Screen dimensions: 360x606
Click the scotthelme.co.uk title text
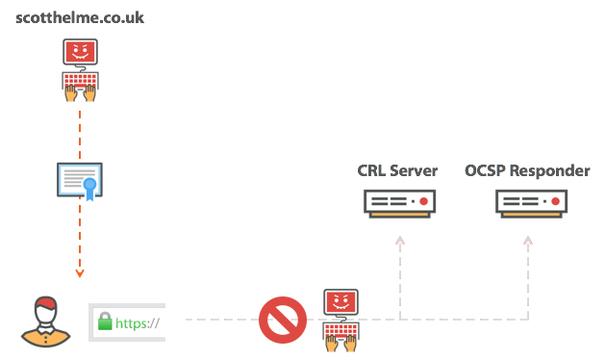81,17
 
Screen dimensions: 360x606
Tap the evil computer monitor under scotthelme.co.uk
80,54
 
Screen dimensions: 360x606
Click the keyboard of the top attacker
80,80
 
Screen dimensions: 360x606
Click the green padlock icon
105,322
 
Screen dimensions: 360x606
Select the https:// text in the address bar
138,323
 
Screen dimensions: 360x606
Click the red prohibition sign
283,320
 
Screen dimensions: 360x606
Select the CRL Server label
397,171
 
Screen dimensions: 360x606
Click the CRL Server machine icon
399,202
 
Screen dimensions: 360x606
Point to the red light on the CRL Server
421,202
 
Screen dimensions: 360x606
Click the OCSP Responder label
527,171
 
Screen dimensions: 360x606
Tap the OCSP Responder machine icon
529,202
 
